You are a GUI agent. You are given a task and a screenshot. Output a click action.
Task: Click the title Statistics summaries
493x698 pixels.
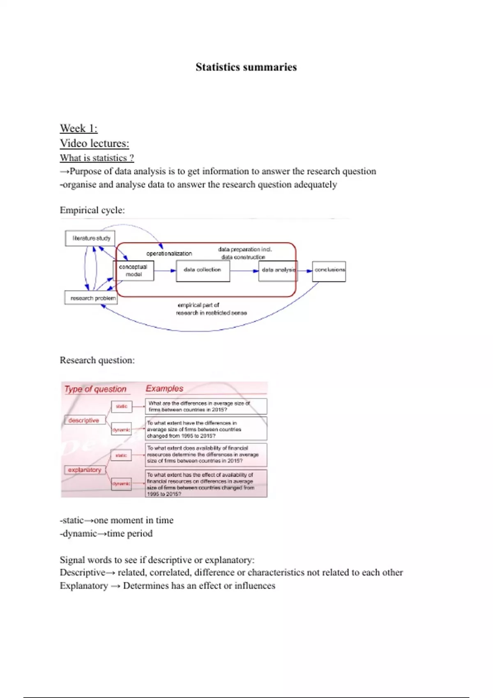tap(246, 67)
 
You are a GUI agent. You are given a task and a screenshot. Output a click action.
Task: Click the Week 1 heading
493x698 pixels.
tap(78, 129)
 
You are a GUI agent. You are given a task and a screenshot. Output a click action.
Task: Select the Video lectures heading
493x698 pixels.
tap(94, 143)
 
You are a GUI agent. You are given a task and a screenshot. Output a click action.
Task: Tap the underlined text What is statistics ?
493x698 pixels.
tap(97, 158)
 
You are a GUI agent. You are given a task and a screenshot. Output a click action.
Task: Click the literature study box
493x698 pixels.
tap(90, 238)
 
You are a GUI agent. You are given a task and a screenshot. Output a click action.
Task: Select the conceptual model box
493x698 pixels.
tap(134, 271)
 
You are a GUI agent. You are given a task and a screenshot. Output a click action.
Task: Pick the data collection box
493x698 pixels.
tap(203, 270)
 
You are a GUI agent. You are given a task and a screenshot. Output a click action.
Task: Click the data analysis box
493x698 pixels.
tap(278, 270)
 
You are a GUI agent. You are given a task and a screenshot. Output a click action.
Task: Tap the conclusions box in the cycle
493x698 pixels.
tap(329, 271)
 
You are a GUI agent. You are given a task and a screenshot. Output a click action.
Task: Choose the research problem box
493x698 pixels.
tap(91, 298)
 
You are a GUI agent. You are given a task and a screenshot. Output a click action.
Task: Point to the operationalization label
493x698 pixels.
tap(169, 253)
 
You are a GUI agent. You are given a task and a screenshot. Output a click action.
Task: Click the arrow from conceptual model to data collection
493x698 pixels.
tap(165, 271)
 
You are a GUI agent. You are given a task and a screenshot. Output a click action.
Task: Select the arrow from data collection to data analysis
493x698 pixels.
tap(244, 271)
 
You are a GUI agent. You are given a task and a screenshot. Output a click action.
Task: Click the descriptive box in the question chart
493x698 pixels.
tap(84, 420)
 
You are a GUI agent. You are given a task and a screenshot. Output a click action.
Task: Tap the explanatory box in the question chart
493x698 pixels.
tap(85, 470)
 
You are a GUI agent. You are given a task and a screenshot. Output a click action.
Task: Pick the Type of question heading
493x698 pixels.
tap(95, 389)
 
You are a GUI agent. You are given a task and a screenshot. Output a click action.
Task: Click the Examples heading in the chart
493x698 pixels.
tap(164, 388)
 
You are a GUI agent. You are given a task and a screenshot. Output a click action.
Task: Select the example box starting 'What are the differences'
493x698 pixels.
tap(206, 406)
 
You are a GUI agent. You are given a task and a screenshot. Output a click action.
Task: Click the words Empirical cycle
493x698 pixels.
tap(92, 210)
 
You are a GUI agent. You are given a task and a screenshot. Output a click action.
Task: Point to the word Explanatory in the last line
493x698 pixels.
tap(84, 586)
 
